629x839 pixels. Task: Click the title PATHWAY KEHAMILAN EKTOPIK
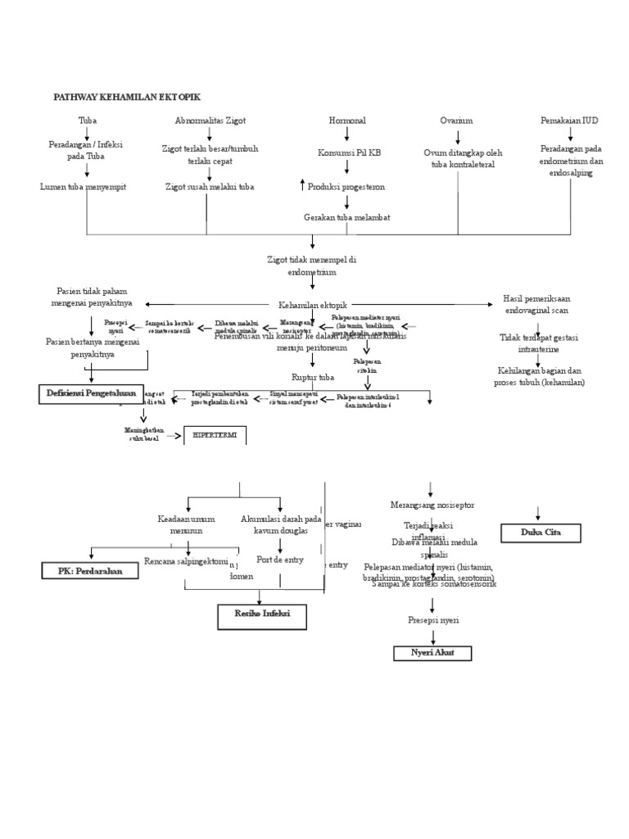coord(126,97)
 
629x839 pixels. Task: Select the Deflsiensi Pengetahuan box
coord(92,394)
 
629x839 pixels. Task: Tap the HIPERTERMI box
coord(215,435)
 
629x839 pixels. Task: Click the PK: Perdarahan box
coord(90,570)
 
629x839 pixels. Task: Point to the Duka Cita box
coord(541,533)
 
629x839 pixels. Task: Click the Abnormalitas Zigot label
coord(210,120)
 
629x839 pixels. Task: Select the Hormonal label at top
coord(347,120)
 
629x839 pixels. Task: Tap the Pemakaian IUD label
coord(569,120)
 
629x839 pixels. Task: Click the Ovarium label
coord(456,120)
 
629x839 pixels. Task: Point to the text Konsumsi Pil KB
coord(349,153)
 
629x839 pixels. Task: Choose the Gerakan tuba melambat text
coord(346,217)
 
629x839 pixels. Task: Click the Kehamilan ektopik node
coord(312,304)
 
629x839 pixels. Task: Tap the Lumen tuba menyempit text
coord(84,187)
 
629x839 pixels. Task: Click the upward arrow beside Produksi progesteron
coord(302,185)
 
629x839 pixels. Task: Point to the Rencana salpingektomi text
coord(183,560)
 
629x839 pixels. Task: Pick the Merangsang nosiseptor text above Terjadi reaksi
coord(432,505)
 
